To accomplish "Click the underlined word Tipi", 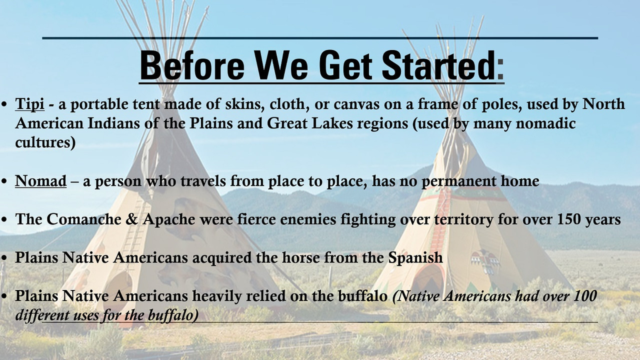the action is point(29,103).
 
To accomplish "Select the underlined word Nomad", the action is point(40,181).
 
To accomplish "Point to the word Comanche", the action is point(83,219).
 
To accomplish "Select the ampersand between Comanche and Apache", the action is point(131,219).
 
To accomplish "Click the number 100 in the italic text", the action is point(585,295).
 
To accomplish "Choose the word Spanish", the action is point(415,257).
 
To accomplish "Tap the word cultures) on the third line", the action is point(45,142).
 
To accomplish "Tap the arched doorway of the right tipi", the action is point(428,278).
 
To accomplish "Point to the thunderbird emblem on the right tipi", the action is point(485,261).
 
